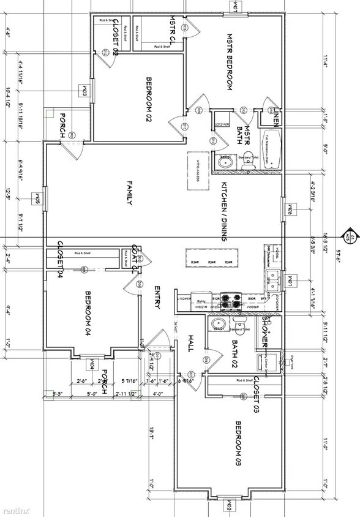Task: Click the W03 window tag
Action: click(83, 91)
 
